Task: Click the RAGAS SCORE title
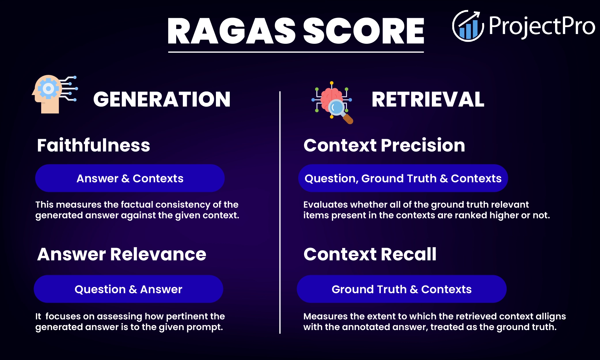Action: pos(296,31)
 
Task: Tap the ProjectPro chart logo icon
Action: pos(468,26)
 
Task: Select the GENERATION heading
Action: pos(162,99)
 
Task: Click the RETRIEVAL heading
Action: pos(428,99)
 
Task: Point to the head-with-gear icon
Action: pos(52,94)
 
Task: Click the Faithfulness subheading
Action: pos(94,145)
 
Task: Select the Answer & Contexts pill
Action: pos(130,178)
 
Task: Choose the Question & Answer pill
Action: pos(128,289)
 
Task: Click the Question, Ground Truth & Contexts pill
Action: pos(403,178)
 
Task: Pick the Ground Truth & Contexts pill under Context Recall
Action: pos(402,289)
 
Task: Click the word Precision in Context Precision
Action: pos(423,145)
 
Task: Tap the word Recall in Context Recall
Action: pos(409,254)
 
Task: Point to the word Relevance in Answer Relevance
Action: pos(158,254)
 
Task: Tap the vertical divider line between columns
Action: pos(280,213)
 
